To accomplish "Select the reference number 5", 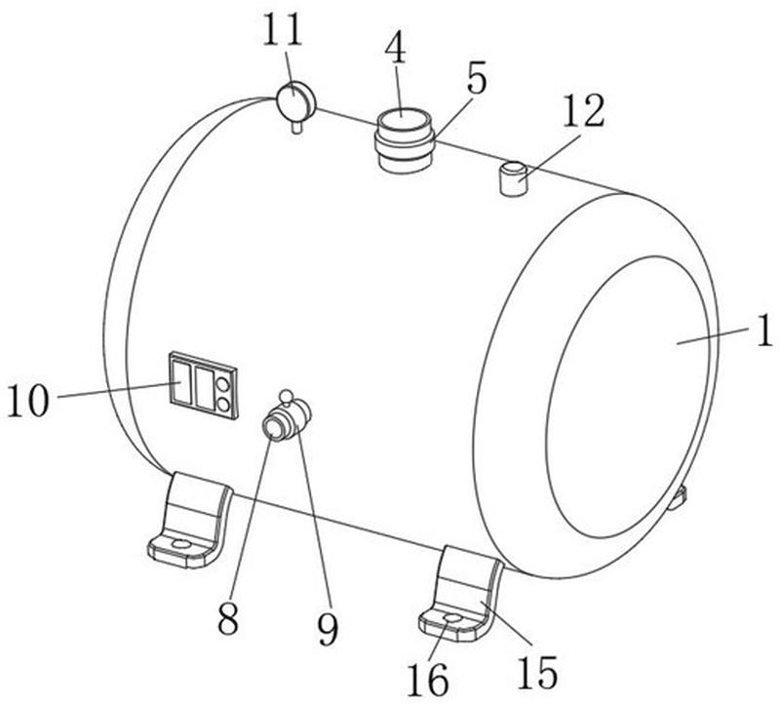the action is pos(476,79).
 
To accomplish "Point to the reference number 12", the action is pos(584,110).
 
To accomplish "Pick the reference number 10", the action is pos(28,401).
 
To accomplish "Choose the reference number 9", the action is pos(328,628).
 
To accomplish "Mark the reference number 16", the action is pos(428,679).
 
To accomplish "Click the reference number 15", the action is pos(537,671).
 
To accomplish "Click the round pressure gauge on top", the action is pos(295,100).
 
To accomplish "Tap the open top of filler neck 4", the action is pos(404,120).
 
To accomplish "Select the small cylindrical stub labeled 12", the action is pos(513,178).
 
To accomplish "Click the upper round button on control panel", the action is pos(223,385).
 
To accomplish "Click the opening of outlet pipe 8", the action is pos(274,428).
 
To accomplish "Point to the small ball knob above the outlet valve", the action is pos(286,396).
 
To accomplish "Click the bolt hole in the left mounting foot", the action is pos(180,544).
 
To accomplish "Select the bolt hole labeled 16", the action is pos(453,617).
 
